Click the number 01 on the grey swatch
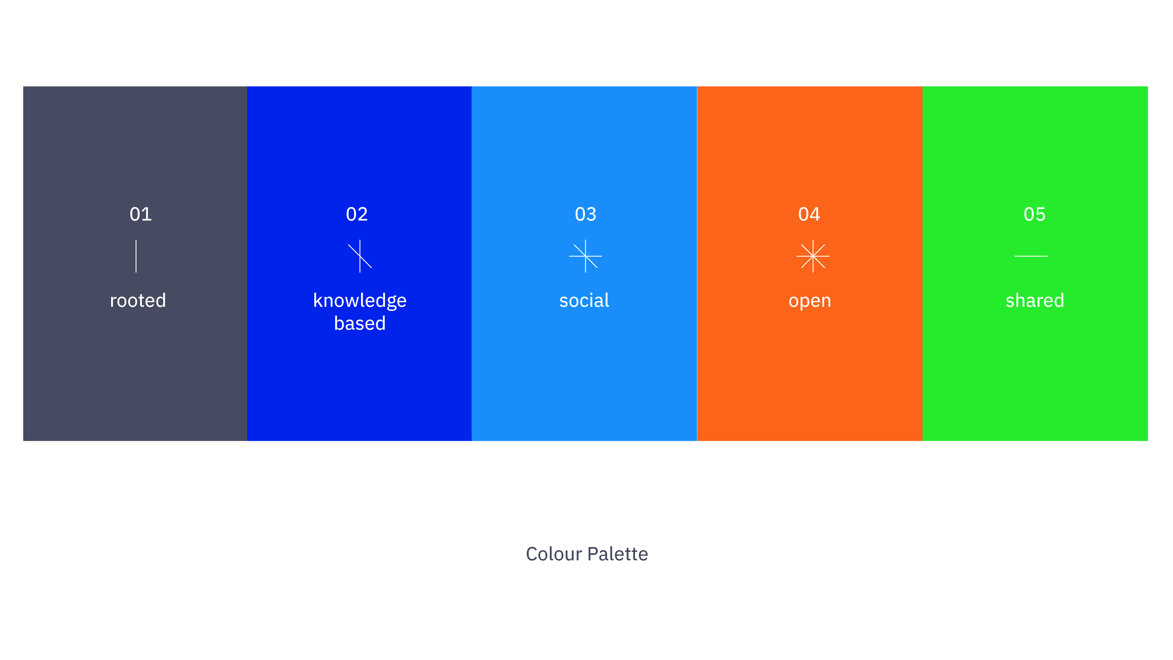pyautogui.click(x=140, y=214)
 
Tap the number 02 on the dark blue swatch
pyautogui.click(x=357, y=214)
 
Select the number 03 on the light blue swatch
pyautogui.click(x=585, y=214)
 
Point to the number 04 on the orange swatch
pyautogui.click(x=809, y=214)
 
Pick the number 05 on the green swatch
pyautogui.click(x=1034, y=214)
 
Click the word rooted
pyautogui.click(x=138, y=301)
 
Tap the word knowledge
pyautogui.click(x=360, y=301)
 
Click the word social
pyautogui.click(x=584, y=301)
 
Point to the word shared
pyautogui.click(x=1034, y=301)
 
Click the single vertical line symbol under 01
pyautogui.click(x=136, y=256)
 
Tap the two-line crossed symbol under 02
pyautogui.click(x=360, y=256)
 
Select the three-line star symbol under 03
pyautogui.click(x=586, y=256)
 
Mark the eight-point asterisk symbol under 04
pyautogui.click(x=813, y=256)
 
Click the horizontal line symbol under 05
pyautogui.click(x=1031, y=256)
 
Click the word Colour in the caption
pyautogui.click(x=554, y=554)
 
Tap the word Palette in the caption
pyautogui.click(x=617, y=554)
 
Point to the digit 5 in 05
pyautogui.click(x=1041, y=214)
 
